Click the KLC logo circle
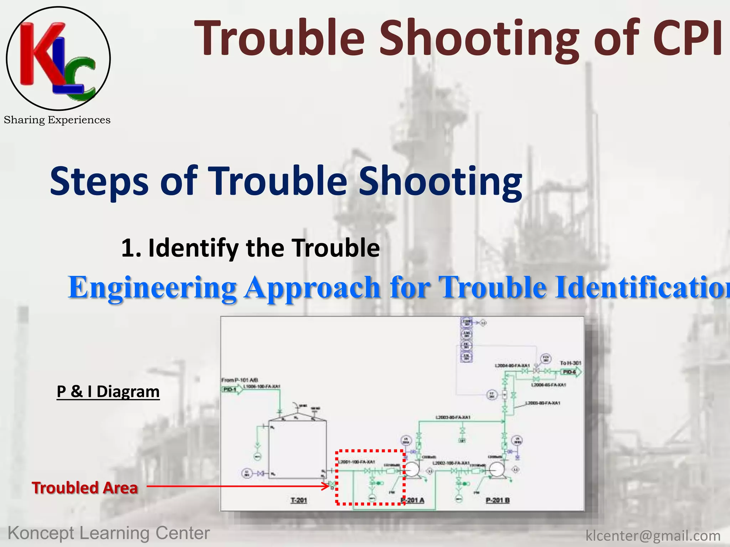[58, 58]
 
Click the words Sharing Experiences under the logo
[57, 120]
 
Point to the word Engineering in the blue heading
[153, 287]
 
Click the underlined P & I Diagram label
[108, 392]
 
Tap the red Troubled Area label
[84, 488]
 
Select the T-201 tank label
[299, 500]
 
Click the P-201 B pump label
[498, 500]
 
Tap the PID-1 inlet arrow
[232, 389]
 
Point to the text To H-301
[570, 363]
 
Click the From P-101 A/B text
[240, 380]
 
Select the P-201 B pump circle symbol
[497, 470]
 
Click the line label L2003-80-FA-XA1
[453, 417]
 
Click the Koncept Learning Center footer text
[109, 533]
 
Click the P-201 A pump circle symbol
[412, 470]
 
